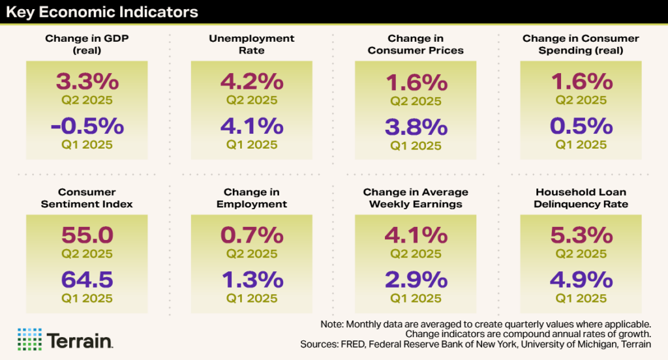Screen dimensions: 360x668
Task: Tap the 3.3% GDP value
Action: point(87,82)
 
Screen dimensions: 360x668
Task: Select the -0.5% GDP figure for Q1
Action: point(87,125)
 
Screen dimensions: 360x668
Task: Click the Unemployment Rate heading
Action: point(251,44)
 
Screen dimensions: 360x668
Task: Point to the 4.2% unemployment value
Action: point(252,82)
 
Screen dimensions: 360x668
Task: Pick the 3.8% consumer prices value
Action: point(416,127)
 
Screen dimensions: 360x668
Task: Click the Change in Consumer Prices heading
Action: point(416,44)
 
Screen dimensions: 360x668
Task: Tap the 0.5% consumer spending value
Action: point(581,125)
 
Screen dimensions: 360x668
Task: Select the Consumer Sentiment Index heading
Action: point(87,198)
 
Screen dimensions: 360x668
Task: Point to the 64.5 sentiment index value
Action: point(87,279)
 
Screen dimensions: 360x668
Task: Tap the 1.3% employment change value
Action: point(252,279)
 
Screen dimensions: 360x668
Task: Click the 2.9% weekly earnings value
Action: point(416,279)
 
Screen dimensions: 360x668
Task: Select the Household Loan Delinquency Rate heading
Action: point(581,198)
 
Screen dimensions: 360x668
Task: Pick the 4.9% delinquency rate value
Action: point(581,279)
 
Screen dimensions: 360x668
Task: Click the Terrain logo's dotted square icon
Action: point(29,339)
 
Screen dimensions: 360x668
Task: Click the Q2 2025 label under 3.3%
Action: point(87,100)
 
